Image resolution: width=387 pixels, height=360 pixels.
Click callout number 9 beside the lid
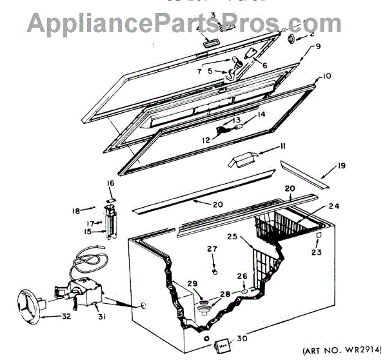[317, 46]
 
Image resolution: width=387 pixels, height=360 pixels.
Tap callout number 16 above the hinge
[111, 184]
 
